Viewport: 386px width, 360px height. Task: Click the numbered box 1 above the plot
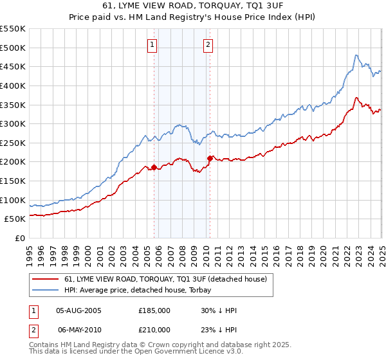click(152, 45)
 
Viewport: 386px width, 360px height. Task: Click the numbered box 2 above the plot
click(209, 45)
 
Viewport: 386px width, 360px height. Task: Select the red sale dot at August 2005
click(154, 168)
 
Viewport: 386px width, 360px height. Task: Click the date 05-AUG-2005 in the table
click(78, 310)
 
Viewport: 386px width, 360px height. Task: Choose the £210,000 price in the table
click(154, 329)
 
